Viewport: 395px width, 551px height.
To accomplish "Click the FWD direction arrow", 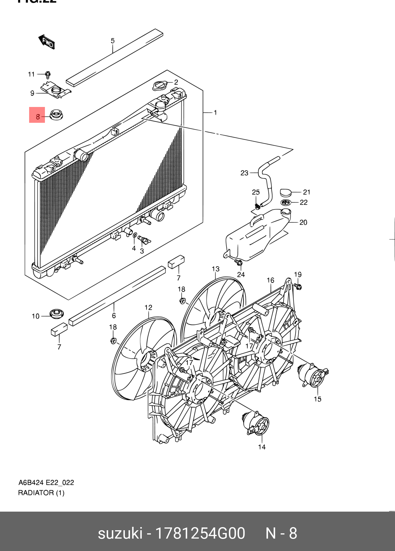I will [x=47, y=42].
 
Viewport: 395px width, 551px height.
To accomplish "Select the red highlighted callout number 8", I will [x=37, y=115].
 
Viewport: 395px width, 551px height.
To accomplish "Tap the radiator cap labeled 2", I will [x=160, y=86].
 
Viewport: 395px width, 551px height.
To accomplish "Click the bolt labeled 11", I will [x=48, y=75].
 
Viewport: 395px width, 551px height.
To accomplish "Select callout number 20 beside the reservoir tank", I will [x=303, y=222].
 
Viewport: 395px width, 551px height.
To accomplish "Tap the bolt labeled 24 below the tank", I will [x=239, y=263].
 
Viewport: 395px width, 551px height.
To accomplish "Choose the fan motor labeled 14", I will [x=256, y=423].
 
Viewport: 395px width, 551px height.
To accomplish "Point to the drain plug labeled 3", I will [x=144, y=240].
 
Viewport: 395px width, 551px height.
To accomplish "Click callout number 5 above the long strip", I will [x=112, y=41].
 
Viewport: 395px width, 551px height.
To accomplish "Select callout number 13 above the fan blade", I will [x=216, y=269].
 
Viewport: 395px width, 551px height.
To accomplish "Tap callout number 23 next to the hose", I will [x=244, y=173].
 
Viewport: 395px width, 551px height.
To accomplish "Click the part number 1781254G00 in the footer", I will [x=200, y=533].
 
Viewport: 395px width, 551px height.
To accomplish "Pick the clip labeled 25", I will [x=257, y=206].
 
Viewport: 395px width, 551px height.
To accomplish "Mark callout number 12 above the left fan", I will [x=148, y=307].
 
